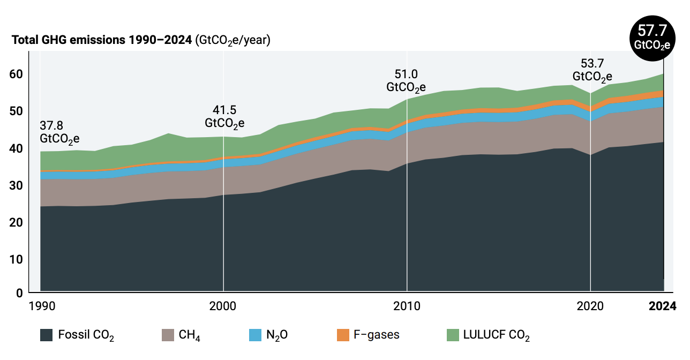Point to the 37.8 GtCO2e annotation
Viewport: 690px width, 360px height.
click(59, 132)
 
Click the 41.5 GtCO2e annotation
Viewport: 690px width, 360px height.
click(224, 116)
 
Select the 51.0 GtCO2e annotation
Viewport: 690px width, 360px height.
click(406, 80)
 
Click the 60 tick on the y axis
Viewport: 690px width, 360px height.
click(19, 74)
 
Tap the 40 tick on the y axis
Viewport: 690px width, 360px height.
click(19, 148)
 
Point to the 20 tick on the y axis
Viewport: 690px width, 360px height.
click(19, 222)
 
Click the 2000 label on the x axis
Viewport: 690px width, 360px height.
click(223, 306)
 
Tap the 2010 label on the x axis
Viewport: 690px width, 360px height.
click(407, 306)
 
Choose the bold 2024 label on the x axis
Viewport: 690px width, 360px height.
click(663, 306)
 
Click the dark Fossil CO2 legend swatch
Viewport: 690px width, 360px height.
click(47, 335)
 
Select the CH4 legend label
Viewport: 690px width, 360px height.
click(190, 336)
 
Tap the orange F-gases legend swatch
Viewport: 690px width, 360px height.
click(343, 335)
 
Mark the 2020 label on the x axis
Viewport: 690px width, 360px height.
click(590, 306)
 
